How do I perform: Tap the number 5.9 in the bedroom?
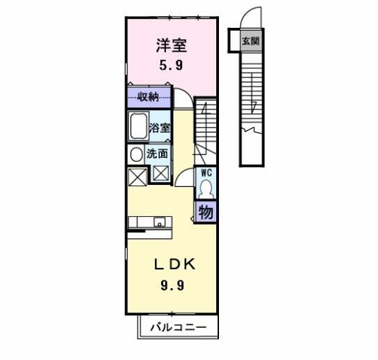click(x=171, y=67)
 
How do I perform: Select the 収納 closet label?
click(x=149, y=98)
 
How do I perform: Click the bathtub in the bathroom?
click(x=137, y=128)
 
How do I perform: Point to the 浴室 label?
click(x=160, y=128)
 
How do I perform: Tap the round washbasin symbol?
click(x=135, y=154)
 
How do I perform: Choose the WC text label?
click(x=206, y=172)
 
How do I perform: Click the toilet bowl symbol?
click(x=206, y=188)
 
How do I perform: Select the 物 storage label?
click(x=206, y=213)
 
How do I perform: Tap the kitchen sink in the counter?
click(x=161, y=223)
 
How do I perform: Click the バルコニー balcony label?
click(x=181, y=327)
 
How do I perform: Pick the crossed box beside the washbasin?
click(x=137, y=176)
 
